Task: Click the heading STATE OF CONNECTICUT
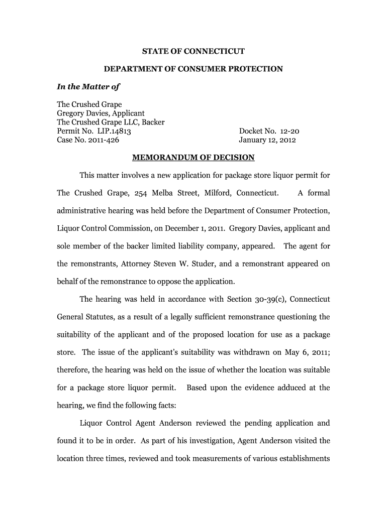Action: [x=193, y=51]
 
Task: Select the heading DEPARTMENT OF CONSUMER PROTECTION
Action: [x=193, y=69]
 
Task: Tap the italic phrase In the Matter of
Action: [x=88, y=87]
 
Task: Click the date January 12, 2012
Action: [x=267, y=141]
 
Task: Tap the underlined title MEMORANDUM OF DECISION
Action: [x=193, y=158]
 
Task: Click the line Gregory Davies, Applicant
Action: [x=101, y=113]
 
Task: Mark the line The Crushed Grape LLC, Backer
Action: [x=111, y=122]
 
